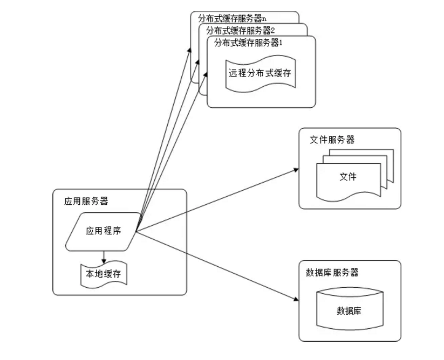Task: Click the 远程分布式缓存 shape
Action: [259, 73]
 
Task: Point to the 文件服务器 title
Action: [332, 140]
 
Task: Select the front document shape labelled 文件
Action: [347, 178]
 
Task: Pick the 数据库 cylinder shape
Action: [350, 310]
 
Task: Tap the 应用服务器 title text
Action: [86, 202]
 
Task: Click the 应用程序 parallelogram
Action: [103, 231]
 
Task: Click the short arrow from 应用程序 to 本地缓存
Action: [103, 257]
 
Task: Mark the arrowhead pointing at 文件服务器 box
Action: [296, 169]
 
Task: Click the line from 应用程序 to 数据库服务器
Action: [216, 265]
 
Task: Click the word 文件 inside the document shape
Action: [347, 177]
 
